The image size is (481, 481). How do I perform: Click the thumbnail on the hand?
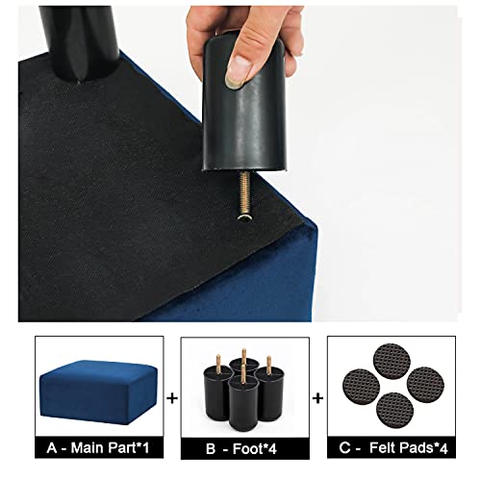coord(239,71)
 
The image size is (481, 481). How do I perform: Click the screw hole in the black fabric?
coord(244,217)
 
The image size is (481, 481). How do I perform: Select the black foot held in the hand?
coord(243,106)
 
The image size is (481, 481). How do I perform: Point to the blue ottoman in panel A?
coord(98,392)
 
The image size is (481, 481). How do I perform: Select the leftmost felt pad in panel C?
coord(361,387)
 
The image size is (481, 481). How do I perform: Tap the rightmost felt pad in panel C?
coord(425,385)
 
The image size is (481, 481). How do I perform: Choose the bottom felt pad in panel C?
coord(394,411)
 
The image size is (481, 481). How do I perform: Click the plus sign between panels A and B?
coord(172,398)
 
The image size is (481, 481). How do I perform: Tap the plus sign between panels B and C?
coord(317,398)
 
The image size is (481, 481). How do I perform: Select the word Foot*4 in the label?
coord(254,448)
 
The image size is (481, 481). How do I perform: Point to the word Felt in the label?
coord(382,447)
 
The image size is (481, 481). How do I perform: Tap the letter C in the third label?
coord(344,448)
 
